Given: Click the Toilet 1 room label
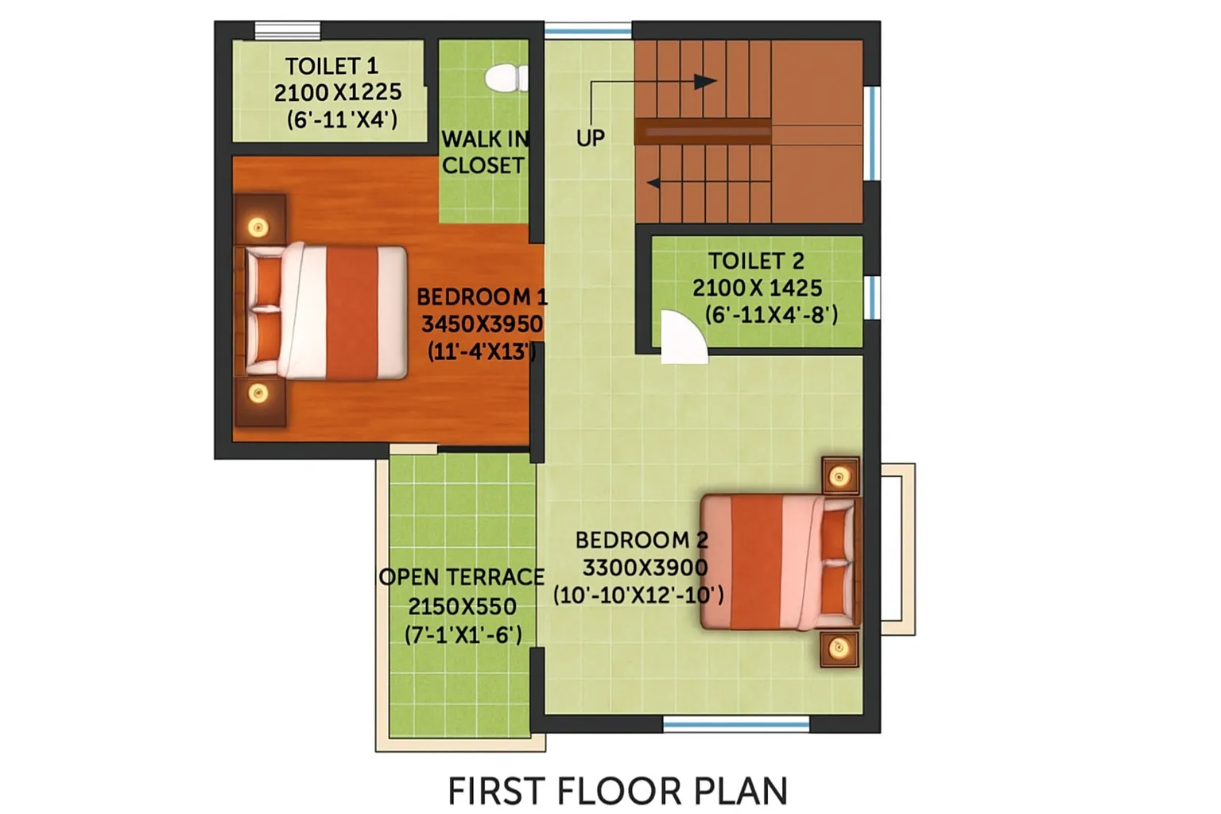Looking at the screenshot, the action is [332, 66].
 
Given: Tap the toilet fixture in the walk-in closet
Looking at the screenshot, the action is [506, 77].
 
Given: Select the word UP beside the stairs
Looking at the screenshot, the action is [591, 138].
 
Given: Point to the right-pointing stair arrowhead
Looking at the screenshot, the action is [705, 82].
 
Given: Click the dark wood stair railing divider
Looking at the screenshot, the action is [703, 131].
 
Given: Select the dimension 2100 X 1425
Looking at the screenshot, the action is [757, 288].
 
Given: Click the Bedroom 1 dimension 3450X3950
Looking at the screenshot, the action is [482, 324].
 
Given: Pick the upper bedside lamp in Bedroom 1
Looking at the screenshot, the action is [258, 227].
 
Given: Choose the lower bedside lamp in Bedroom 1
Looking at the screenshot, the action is [258, 393].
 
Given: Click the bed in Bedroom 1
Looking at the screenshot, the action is [322, 312].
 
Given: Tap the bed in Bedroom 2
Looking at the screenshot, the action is [781, 561].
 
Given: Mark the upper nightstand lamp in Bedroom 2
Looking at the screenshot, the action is [839, 477].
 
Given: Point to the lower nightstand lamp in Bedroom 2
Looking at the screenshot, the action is [839, 648].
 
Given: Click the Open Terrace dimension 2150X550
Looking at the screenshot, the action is [462, 606].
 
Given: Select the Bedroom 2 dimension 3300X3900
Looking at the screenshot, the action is [645, 568].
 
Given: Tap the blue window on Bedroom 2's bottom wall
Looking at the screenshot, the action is [736, 725].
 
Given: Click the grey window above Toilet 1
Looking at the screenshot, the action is [287, 30].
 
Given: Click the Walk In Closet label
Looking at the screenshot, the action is [484, 152].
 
